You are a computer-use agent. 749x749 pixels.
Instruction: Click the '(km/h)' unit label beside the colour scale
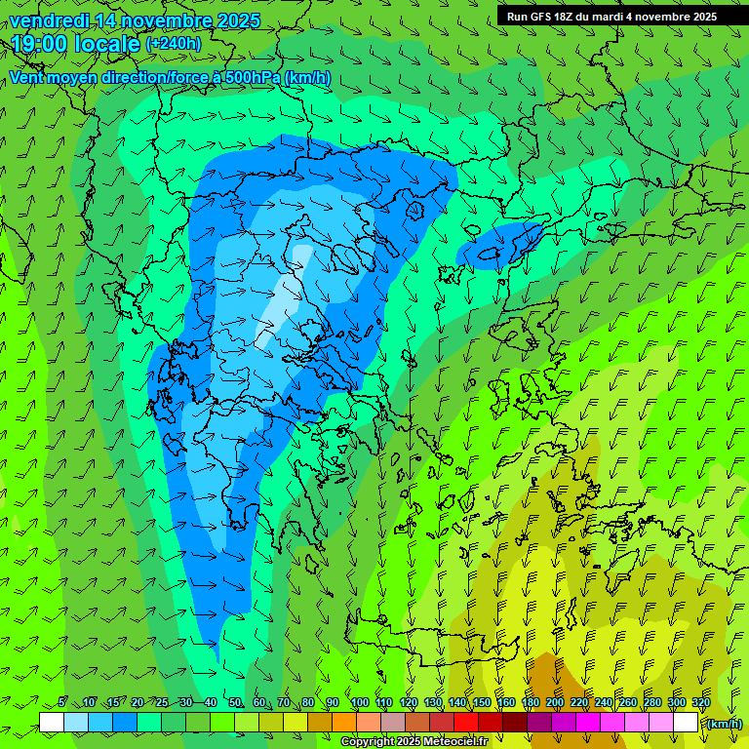(x=724, y=724)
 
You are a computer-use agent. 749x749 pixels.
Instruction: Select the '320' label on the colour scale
(x=699, y=702)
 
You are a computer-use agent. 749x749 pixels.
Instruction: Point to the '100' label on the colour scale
(x=359, y=702)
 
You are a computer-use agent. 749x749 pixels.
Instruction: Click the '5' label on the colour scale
(x=62, y=702)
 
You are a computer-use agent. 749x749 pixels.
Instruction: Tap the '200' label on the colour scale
(x=555, y=702)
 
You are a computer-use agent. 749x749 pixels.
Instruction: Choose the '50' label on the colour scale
(x=234, y=702)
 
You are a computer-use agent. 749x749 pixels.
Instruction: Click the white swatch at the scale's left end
(x=52, y=723)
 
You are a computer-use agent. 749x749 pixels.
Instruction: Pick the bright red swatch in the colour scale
(x=466, y=723)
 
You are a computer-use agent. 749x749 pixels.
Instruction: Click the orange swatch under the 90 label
(x=344, y=723)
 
